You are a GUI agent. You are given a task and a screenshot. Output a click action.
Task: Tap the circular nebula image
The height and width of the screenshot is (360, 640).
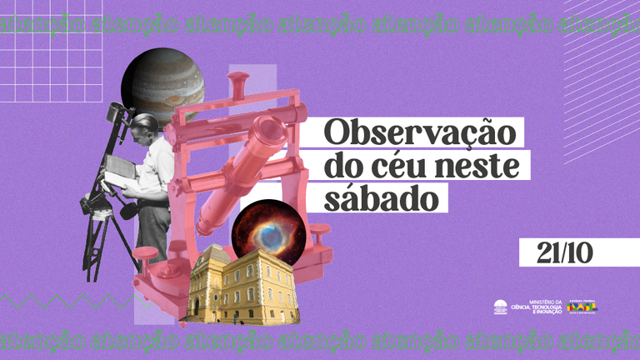click(263, 230)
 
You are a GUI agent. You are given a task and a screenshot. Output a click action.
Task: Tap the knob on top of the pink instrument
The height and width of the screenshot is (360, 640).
click(239, 80)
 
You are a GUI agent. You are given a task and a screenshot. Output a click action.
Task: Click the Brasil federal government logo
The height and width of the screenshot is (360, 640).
click(582, 307)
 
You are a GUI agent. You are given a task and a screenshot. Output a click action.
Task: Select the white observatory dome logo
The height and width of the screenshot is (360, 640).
click(500, 307)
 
